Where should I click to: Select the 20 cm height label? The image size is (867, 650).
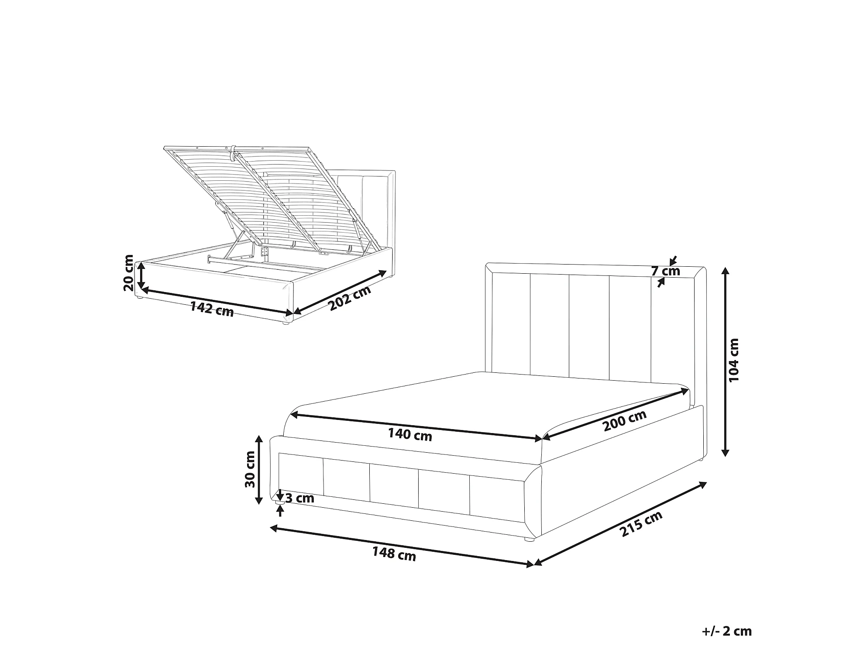(129, 273)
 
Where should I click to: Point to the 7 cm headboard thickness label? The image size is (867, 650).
(666, 271)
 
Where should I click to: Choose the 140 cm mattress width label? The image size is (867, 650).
(410, 435)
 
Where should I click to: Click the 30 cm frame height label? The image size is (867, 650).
(250, 469)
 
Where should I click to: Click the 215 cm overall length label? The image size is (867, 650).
(641, 523)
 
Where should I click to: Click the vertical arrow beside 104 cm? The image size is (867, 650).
(725, 361)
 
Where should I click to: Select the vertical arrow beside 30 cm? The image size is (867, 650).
(259, 470)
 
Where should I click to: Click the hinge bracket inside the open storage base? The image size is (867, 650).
(264, 252)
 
